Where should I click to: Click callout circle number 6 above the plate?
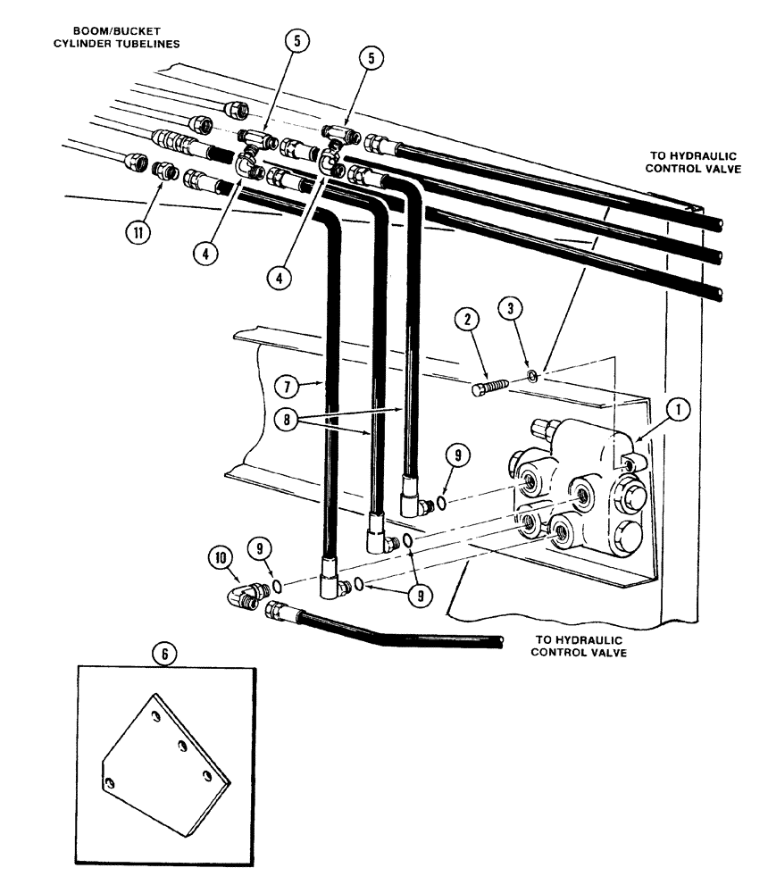tap(163, 653)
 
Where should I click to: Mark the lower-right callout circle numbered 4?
tap(281, 277)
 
